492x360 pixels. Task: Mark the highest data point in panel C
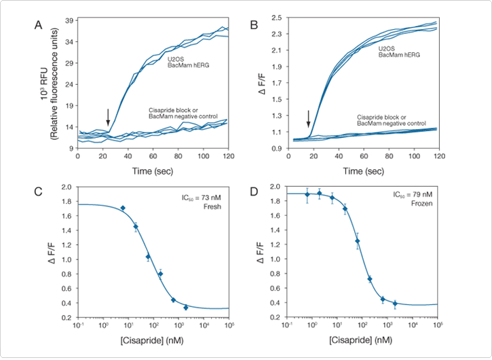[123, 209]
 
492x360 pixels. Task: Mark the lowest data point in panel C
[186, 308]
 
